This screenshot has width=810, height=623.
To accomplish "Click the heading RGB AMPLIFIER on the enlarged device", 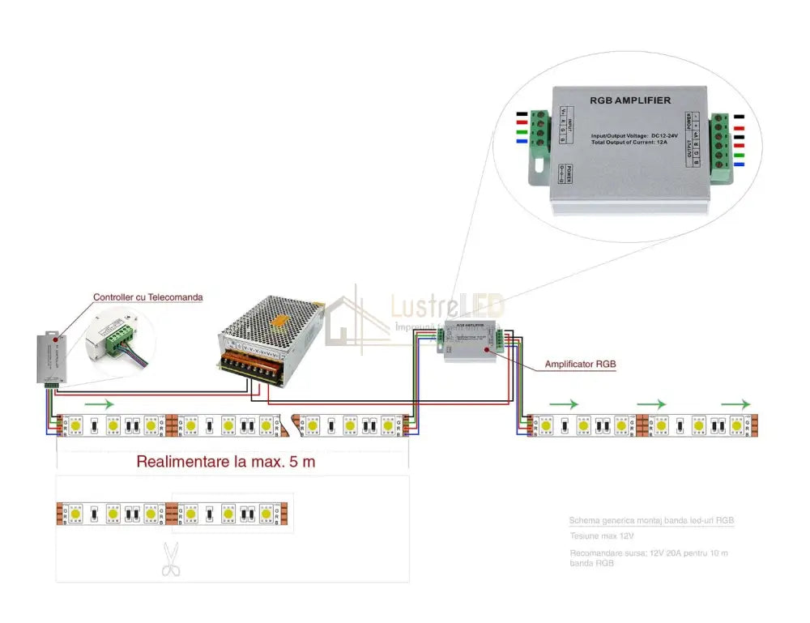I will pos(630,100).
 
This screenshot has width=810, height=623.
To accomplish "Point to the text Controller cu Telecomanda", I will pos(147,297).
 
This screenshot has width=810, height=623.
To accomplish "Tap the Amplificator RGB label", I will pos(580,365).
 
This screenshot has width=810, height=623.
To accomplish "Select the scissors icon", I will pos(170,559).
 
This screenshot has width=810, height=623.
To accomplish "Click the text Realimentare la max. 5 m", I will pos(225,463).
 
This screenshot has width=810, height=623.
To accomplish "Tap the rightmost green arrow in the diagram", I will pos(735,403).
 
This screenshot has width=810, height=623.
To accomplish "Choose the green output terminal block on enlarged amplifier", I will pos(718,141).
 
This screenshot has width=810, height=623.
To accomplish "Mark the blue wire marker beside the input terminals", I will pos(520,143).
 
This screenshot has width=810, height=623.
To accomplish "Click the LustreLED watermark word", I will pos(448,306).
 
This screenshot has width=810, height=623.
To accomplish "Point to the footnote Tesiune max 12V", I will pos(601,536).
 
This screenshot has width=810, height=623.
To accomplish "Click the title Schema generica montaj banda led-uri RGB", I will pos(651,520).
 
